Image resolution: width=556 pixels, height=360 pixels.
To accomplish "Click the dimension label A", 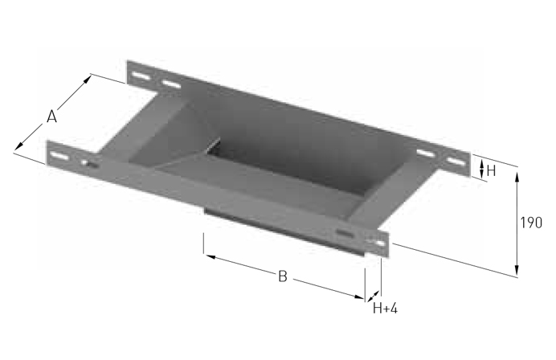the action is [x=51, y=117].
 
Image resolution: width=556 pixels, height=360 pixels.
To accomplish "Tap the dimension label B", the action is [x=283, y=276].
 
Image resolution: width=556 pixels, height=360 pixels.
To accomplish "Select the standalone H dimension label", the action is [x=491, y=171].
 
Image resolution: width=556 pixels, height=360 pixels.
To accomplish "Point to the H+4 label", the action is [x=385, y=309].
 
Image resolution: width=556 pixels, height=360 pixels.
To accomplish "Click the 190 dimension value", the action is [x=531, y=223].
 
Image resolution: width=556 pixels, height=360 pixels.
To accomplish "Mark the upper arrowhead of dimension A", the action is [x=87, y=79].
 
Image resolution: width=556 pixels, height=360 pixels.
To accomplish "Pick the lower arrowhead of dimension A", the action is [x=19, y=145].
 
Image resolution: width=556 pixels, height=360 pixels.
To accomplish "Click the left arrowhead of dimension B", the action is [x=211, y=256].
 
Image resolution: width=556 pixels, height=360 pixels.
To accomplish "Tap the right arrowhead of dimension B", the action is [x=359, y=297].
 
